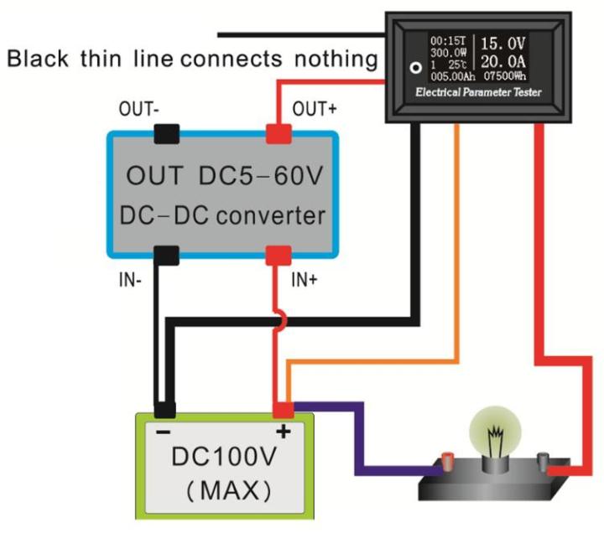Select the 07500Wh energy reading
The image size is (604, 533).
[503, 76]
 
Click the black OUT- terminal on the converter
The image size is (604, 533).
[166, 133]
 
